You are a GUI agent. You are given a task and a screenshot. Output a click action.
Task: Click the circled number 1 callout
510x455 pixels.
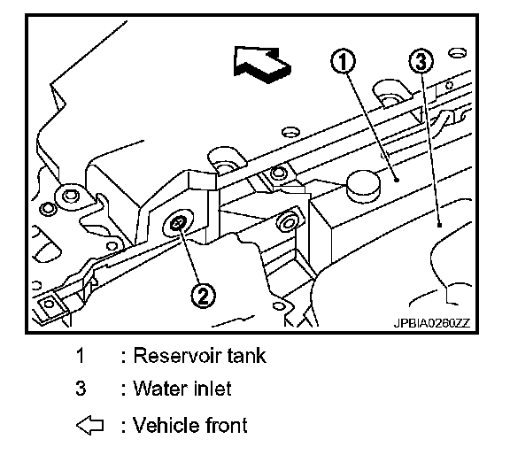pyautogui.click(x=343, y=61)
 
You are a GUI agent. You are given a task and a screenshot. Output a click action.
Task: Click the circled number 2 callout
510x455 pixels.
pyautogui.click(x=203, y=296)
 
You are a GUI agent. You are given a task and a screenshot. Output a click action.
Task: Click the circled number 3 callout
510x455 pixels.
pyautogui.click(x=421, y=61)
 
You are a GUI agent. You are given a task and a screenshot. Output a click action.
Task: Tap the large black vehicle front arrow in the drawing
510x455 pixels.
pyautogui.click(x=262, y=65)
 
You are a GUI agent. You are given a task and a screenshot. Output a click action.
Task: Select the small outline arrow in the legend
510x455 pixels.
pyautogui.click(x=90, y=426)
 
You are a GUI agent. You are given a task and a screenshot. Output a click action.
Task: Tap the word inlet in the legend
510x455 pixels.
pyautogui.click(x=212, y=389)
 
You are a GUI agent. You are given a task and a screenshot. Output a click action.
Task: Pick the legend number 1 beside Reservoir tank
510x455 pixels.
pyautogui.click(x=80, y=355)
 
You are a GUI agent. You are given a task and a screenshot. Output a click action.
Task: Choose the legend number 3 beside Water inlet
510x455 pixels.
pyautogui.click(x=81, y=389)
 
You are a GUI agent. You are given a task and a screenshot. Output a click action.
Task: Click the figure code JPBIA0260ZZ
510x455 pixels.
pyautogui.click(x=432, y=323)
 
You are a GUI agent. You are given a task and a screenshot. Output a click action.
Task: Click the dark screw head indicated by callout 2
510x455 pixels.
pyautogui.click(x=178, y=224)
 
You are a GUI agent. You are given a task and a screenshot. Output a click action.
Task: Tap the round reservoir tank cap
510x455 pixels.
pyautogui.click(x=363, y=186)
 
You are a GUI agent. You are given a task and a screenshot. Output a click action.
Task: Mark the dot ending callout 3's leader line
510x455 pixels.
pyautogui.click(x=440, y=225)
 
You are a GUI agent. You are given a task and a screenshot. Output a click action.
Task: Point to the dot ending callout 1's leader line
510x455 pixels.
pyautogui.click(x=396, y=180)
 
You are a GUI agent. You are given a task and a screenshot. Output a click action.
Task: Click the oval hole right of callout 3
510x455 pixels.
pyautogui.click(x=457, y=53)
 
